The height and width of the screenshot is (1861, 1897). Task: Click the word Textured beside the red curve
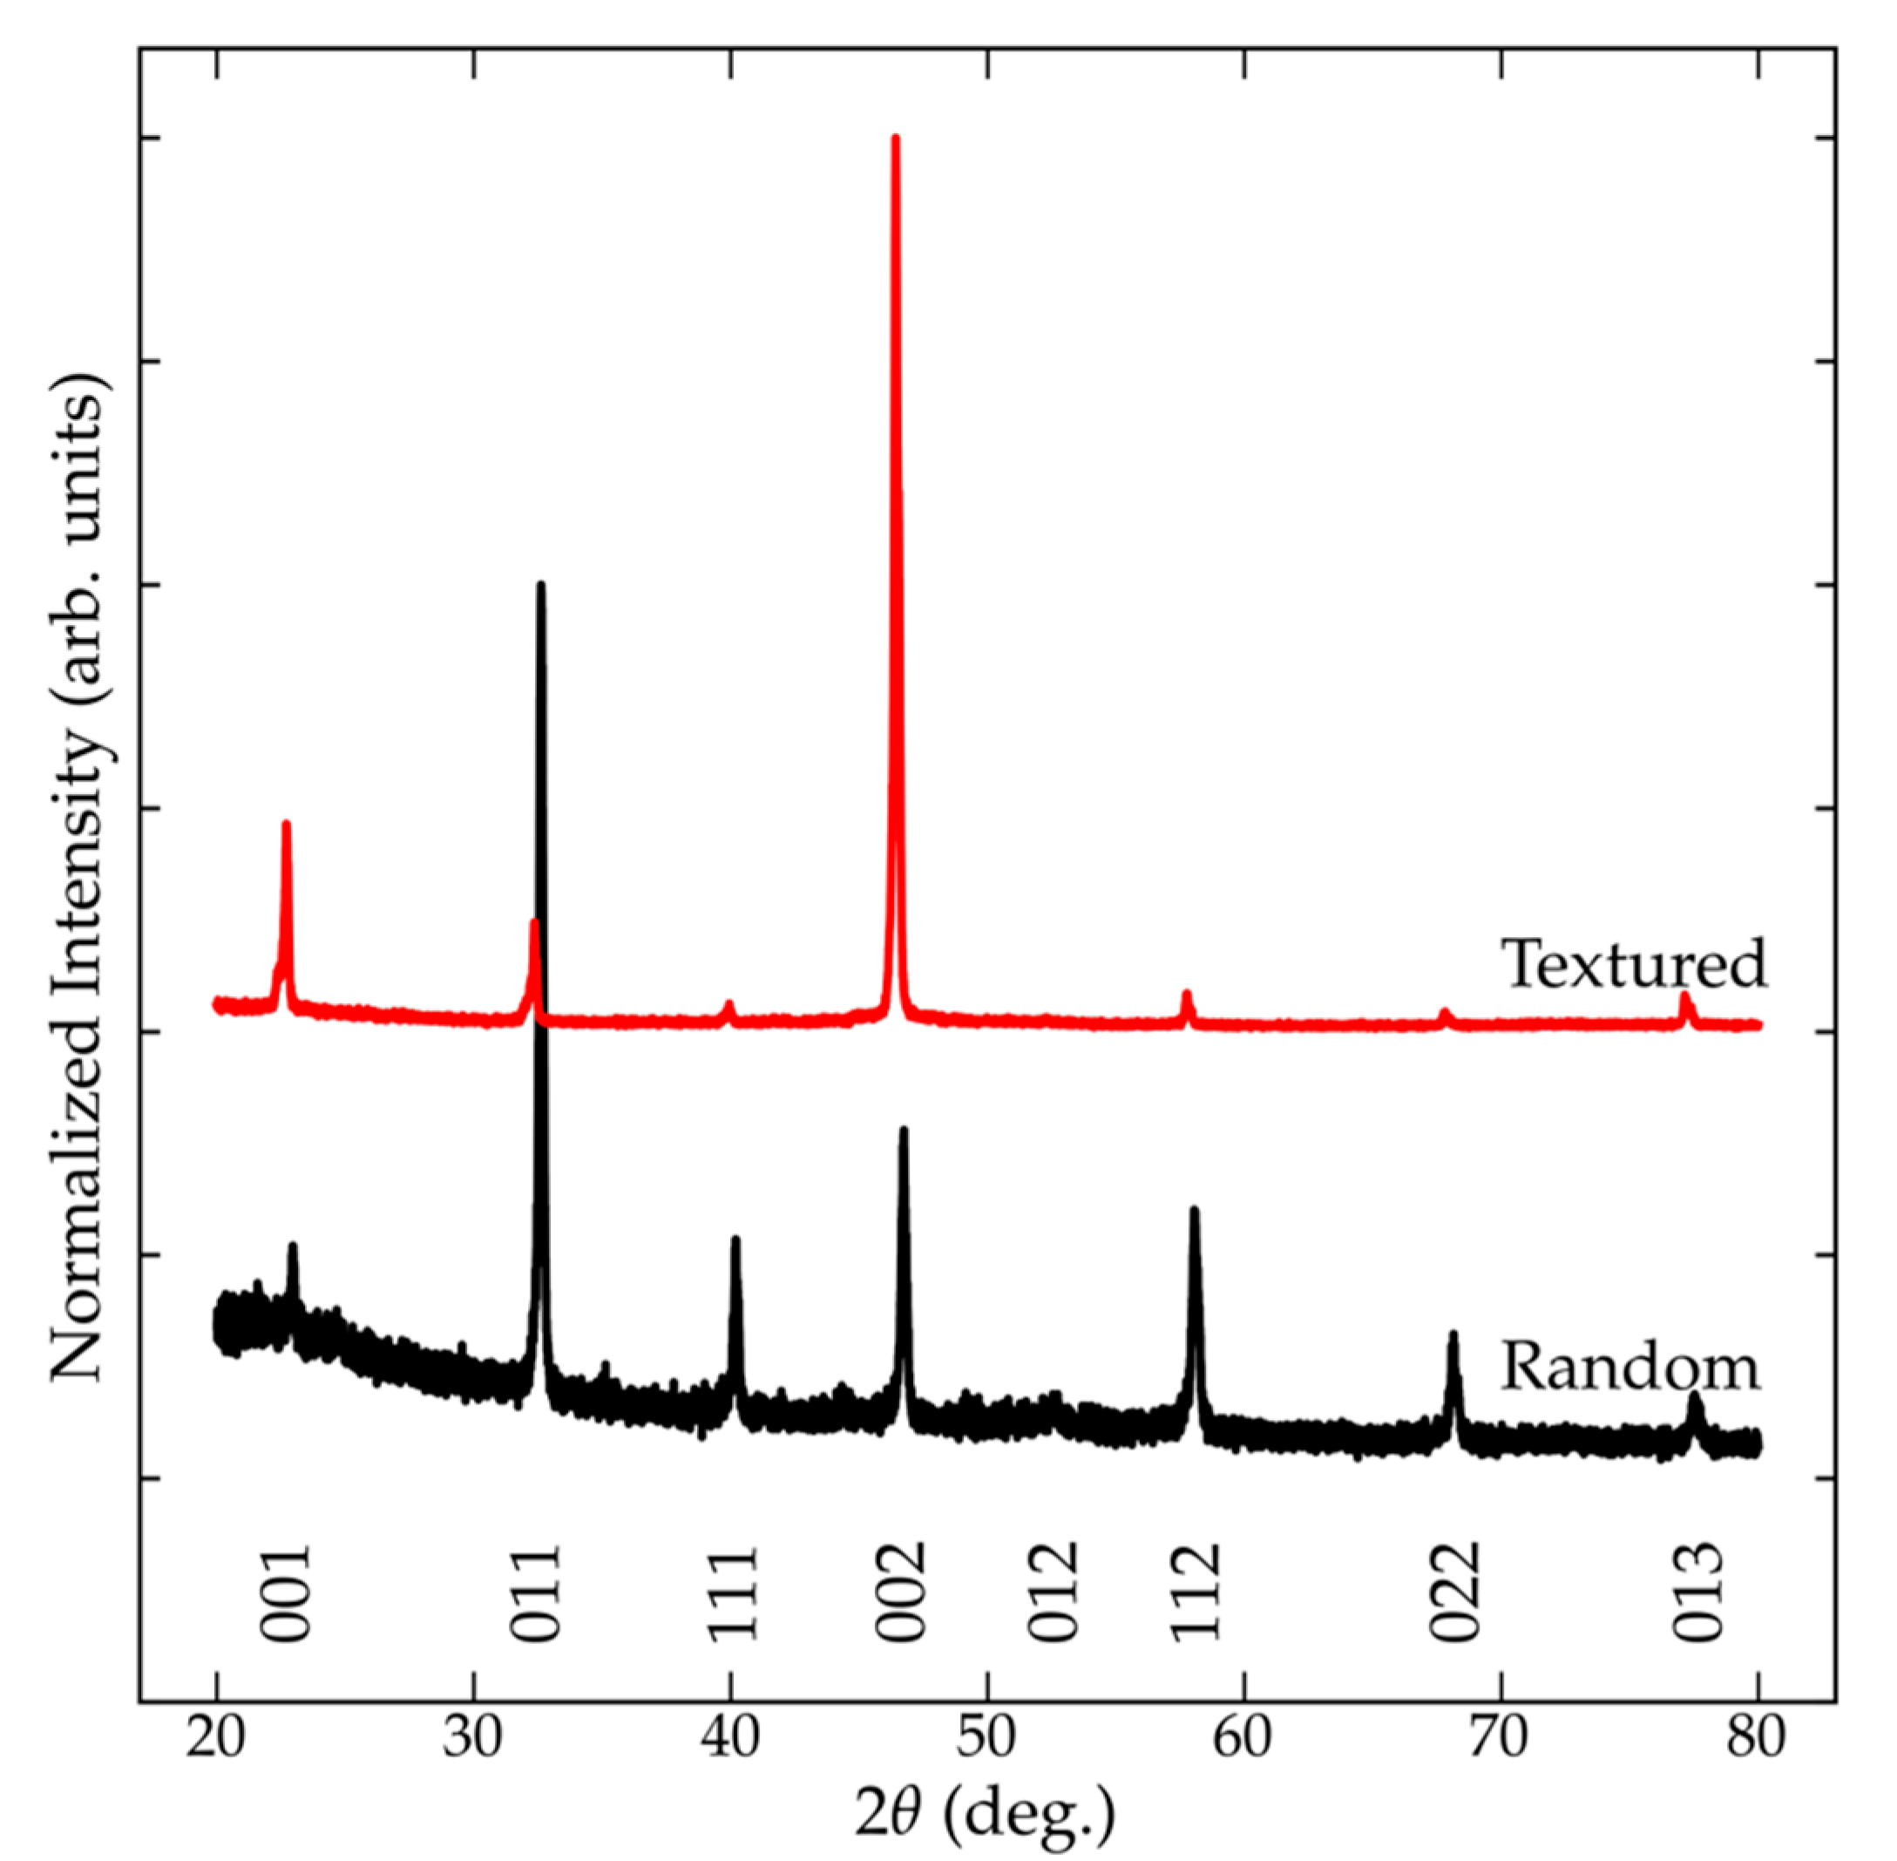click(x=1633, y=964)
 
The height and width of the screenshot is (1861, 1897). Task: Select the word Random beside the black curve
click(x=1629, y=1367)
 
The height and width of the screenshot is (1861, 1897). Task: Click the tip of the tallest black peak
click(x=540, y=585)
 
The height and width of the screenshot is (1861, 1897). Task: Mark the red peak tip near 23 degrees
click(x=287, y=824)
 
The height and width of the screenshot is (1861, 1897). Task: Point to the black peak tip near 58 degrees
click(x=1193, y=1210)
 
